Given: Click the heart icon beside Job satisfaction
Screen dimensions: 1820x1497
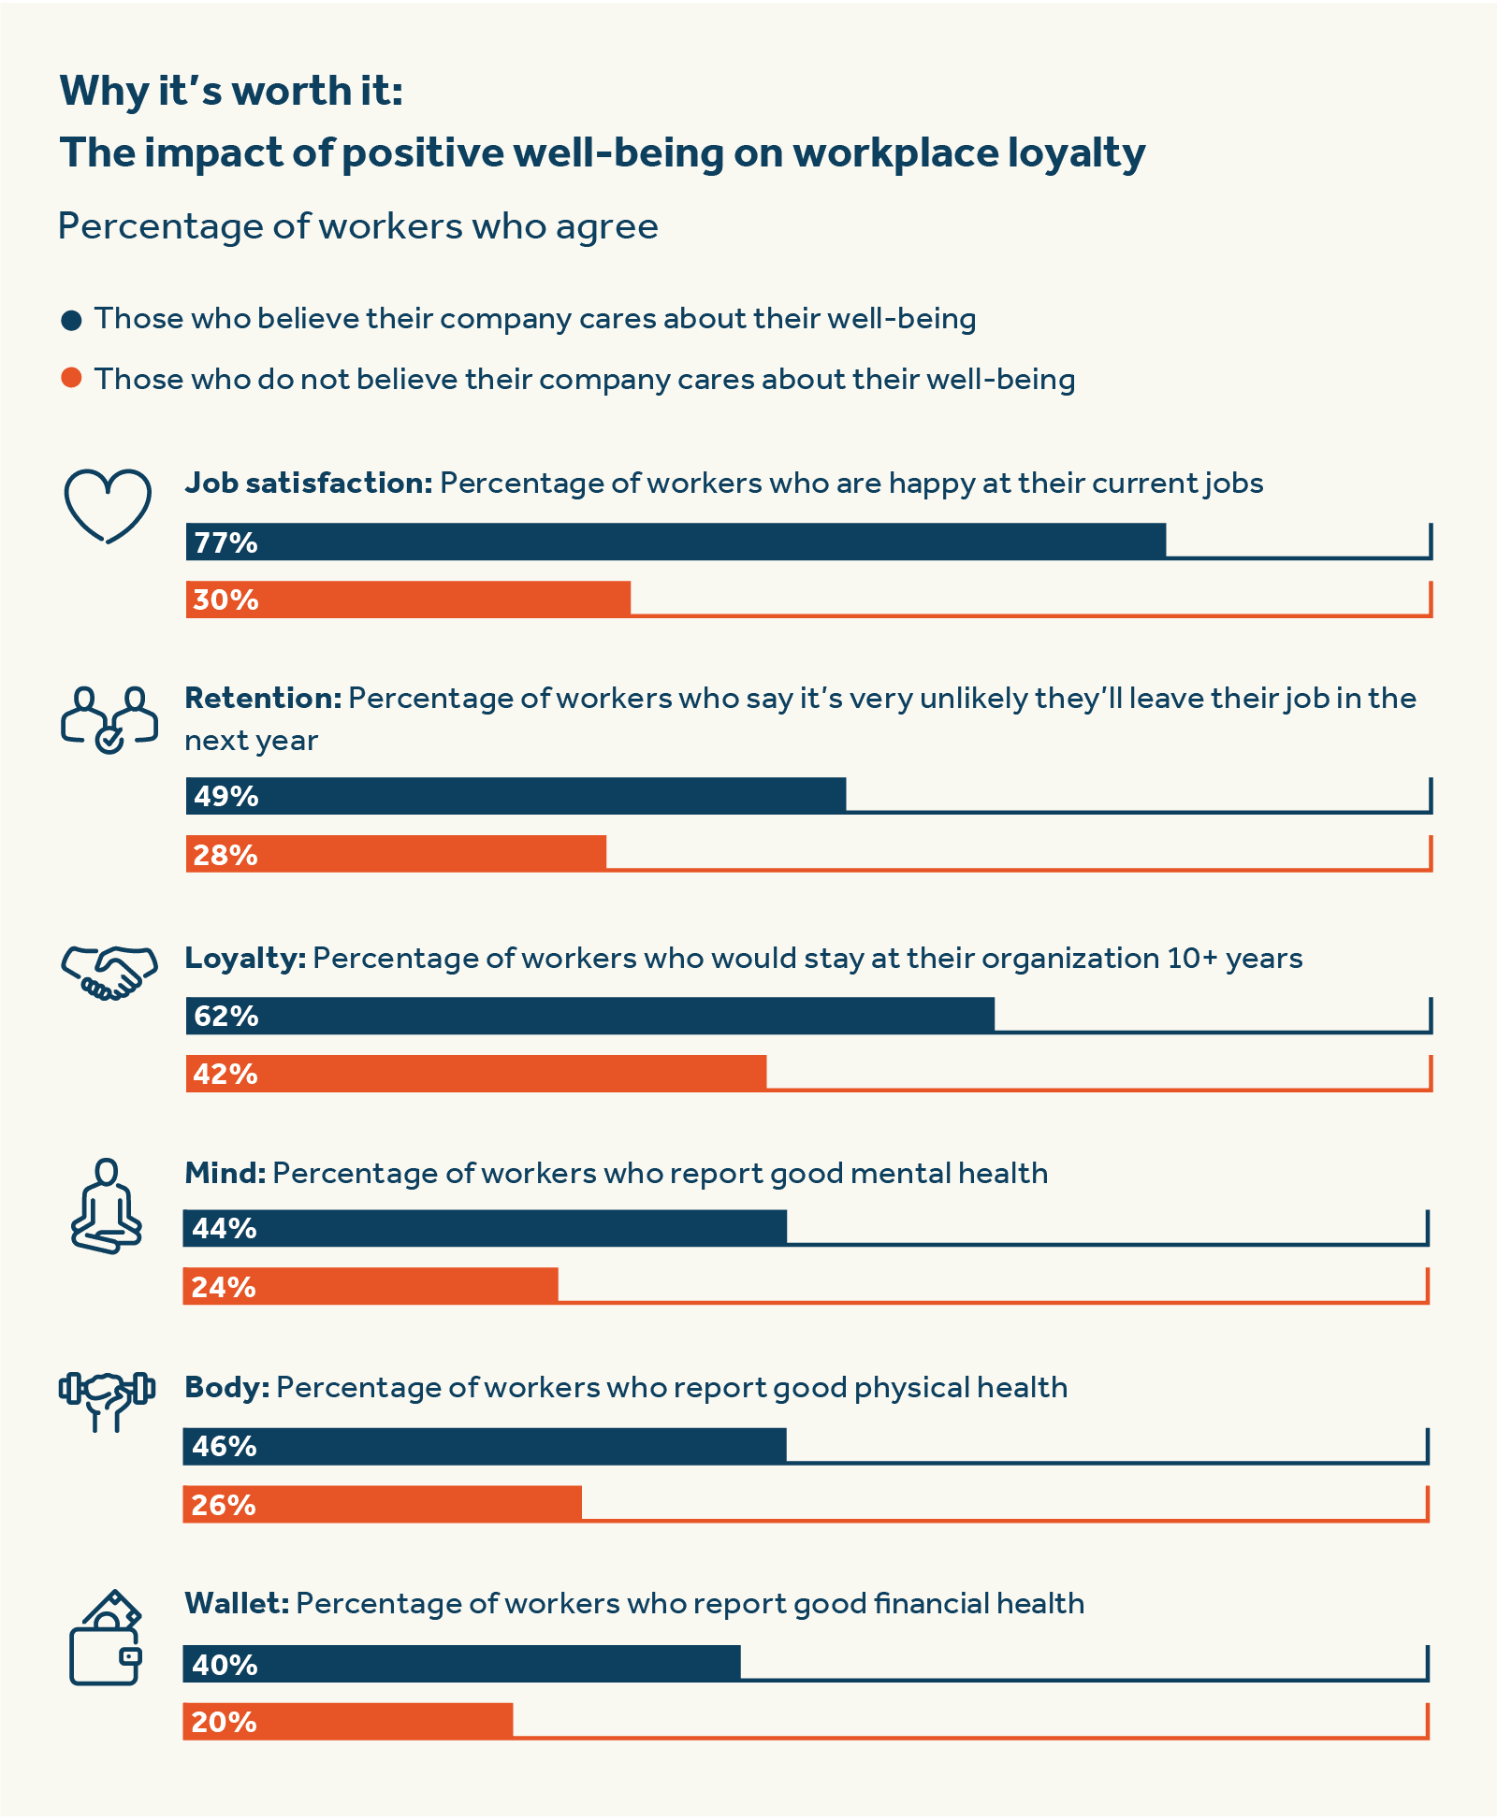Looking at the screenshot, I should tap(108, 505).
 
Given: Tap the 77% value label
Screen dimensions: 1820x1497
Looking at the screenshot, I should tap(225, 542).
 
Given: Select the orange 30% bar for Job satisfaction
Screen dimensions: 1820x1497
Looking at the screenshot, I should tap(408, 599).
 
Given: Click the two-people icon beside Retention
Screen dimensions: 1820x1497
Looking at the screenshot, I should tap(109, 720).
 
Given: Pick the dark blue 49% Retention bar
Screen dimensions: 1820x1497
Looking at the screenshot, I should tap(516, 796).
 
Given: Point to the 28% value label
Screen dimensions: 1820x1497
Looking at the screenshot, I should tap(225, 855).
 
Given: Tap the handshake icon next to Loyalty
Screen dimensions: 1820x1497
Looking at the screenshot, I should tap(109, 973).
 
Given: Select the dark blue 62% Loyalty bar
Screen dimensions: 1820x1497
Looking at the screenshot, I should tap(590, 1016).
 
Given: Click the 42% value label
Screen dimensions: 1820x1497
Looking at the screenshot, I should tap(225, 1074).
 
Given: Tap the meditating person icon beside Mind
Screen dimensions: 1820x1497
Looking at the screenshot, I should tap(107, 1206).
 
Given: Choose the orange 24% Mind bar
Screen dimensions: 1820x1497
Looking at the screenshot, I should tap(371, 1286).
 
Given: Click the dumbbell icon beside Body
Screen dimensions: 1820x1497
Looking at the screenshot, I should tap(107, 1399).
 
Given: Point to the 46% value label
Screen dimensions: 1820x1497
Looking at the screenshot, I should tap(225, 1447).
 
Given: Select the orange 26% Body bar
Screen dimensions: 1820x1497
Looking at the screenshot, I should tap(382, 1504).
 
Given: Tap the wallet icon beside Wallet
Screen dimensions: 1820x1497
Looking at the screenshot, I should tap(106, 1639).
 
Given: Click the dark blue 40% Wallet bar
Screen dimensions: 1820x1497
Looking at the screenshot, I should tap(461, 1664).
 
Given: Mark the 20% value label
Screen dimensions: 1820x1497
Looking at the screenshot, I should tap(224, 1722).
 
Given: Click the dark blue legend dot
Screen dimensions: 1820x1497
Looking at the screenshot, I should tap(71, 321).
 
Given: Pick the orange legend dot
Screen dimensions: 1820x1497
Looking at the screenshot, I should tap(71, 378).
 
